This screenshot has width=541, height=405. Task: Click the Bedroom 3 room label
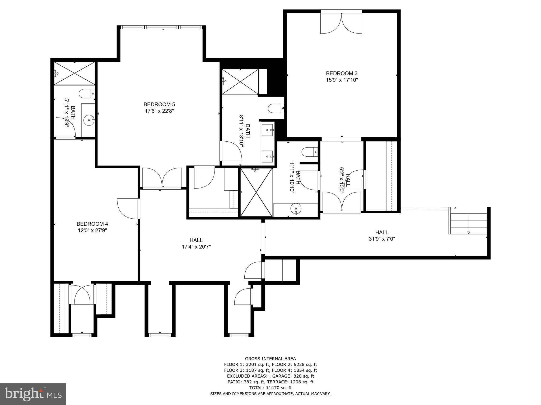pyautogui.click(x=342, y=73)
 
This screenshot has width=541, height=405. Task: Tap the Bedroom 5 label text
pyautogui.click(x=159, y=104)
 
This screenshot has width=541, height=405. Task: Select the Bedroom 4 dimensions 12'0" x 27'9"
pyautogui.click(x=92, y=230)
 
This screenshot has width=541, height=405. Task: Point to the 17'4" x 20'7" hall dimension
pyautogui.click(x=196, y=247)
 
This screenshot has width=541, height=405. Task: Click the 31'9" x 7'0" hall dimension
pyautogui.click(x=382, y=239)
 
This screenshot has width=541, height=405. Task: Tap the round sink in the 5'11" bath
pyautogui.click(x=88, y=120)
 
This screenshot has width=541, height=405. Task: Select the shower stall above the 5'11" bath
pyautogui.click(x=74, y=73)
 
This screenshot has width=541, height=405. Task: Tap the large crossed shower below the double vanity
pyautogui.click(x=256, y=192)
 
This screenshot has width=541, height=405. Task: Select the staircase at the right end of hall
pyautogui.click(x=468, y=224)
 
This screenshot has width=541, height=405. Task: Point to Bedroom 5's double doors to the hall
pyautogui.click(x=162, y=178)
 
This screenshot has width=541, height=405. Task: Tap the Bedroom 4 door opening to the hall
pyautogui.click(x=128, y=208)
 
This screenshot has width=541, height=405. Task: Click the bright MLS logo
pyautogui.click(x=33, y=394)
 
